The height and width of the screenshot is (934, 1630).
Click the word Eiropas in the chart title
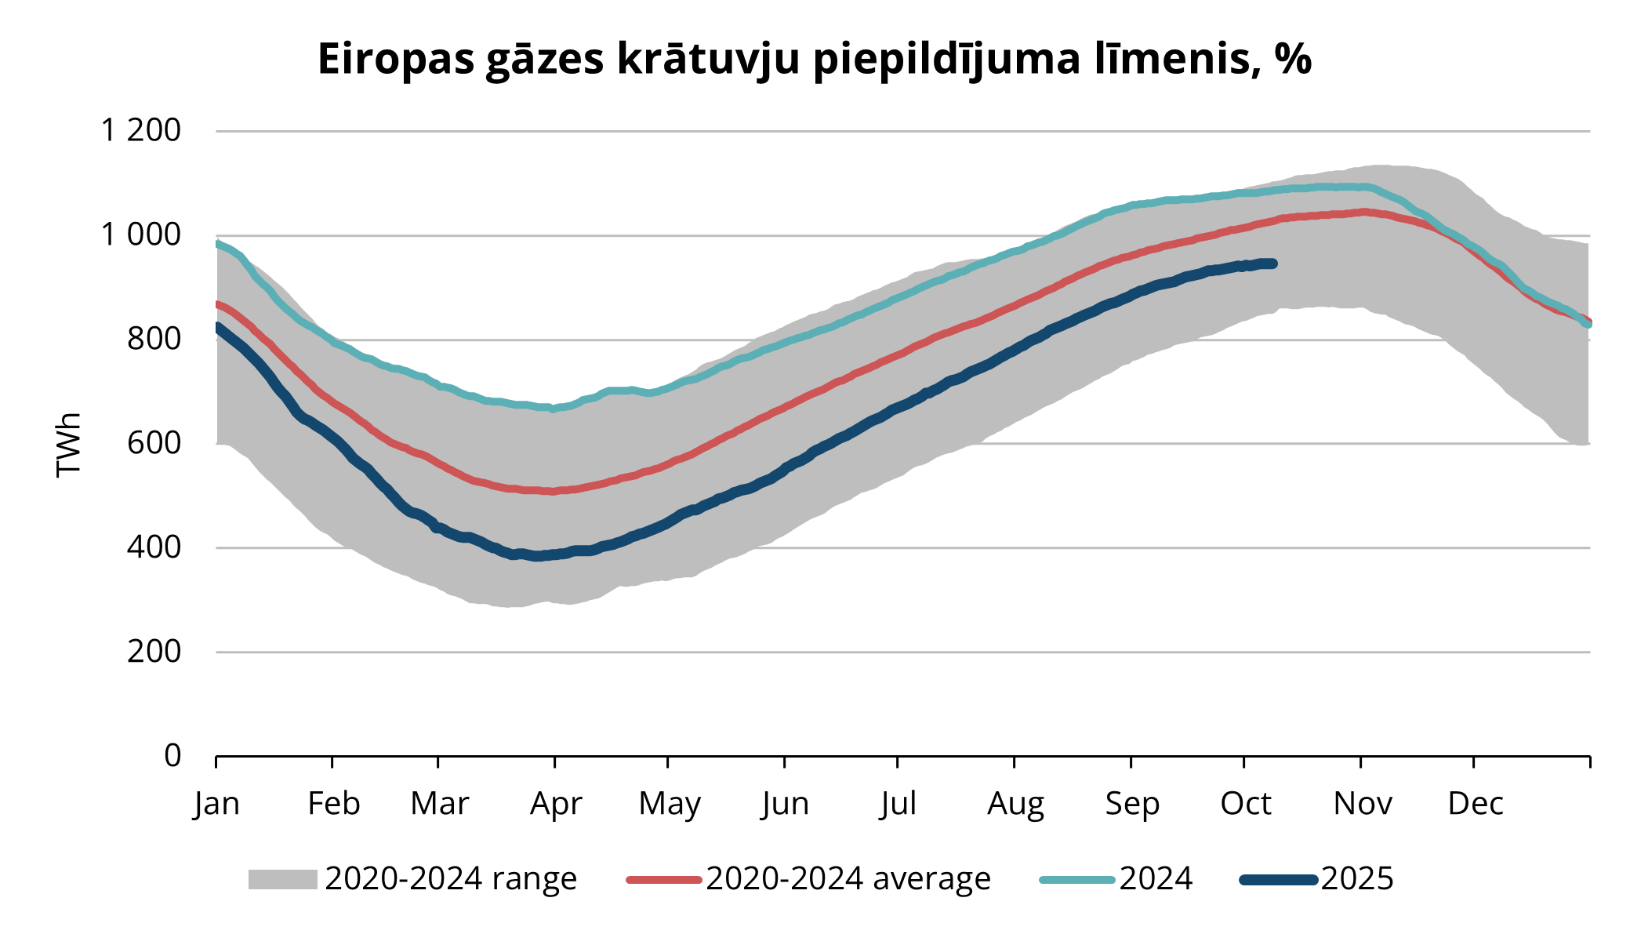click(395, 60)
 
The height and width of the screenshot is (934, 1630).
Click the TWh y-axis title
click(69, 444)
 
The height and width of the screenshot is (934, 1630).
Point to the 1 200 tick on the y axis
click(141, 130)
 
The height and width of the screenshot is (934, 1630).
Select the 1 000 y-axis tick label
click(141, 234)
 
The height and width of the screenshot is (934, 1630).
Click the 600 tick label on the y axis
click(154, 443)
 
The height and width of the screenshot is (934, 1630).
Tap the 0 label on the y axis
click(172, 755)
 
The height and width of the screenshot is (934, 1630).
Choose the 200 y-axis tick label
click(154, 651)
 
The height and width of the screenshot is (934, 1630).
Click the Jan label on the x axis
click(216, 804)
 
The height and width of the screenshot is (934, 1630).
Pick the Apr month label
click(556, 804)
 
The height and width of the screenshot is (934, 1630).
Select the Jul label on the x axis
click(898, 804)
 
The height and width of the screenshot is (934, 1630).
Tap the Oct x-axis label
click(1245, 804)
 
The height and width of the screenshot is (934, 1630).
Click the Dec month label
click(1475, 804)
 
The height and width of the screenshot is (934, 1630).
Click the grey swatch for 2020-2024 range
click(282, 879)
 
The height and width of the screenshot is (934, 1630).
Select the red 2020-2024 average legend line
click(663, 879)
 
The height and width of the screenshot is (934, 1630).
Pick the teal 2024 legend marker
click(1076, 879)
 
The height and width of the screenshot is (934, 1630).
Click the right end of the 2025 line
click(1273, 263)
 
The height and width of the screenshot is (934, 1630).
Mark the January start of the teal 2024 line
click(218, 243)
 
